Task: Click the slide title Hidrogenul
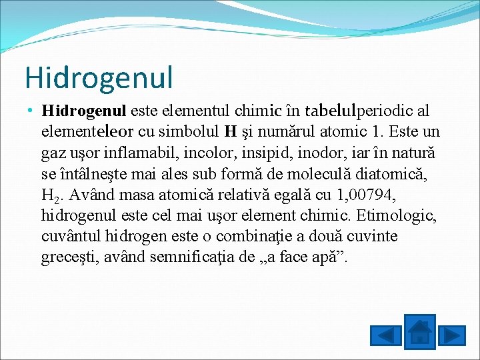point(99,77)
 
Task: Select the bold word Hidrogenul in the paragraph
point(85,109)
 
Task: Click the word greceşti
point(66,258)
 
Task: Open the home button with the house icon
point(419,331)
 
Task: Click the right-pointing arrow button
point(453,335)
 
